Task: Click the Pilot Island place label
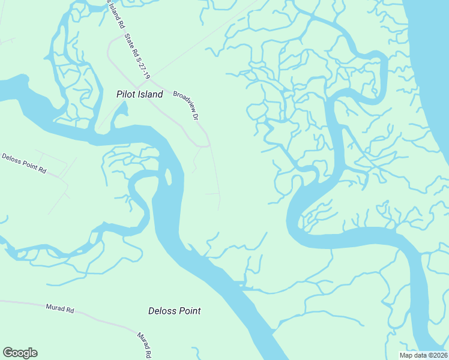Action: click(139, 94)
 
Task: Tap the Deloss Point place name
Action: click(174, 311)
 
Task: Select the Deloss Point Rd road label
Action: click(24, 162)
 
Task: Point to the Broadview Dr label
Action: click(186, 104)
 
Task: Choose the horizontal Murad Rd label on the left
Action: click(59, 308)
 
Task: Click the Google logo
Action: click(20, 353)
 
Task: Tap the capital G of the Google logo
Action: click(8, 353)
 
